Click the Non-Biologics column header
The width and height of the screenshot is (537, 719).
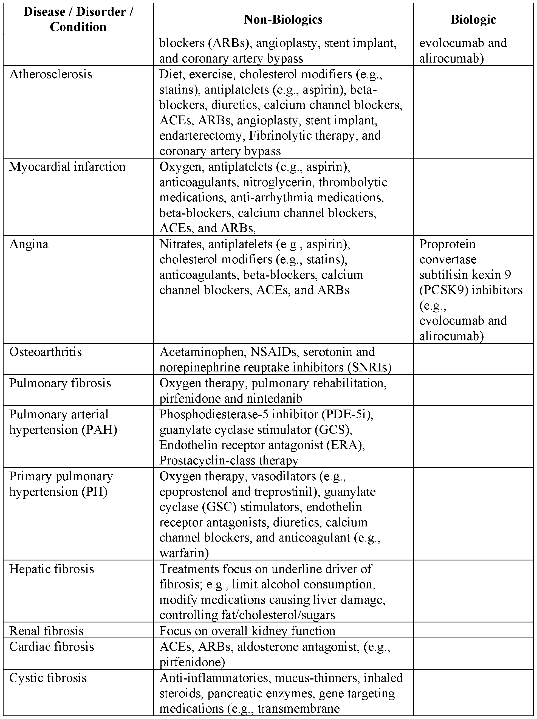tap(283, 19)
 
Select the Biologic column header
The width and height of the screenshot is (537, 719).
tap(473, 19)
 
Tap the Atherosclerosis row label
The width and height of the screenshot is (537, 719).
tap(51, 74)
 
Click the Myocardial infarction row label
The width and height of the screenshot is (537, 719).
tap(67, 167)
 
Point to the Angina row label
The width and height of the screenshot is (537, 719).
tap(29, 244)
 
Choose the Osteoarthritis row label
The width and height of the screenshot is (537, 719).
tap(46, 352)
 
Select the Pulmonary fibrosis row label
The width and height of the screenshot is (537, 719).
tap(60, 383)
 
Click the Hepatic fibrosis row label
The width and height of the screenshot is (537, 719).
tap(52, 569)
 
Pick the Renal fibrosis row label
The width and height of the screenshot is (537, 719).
tap(46, 631)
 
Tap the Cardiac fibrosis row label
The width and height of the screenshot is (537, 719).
tap(52, 647)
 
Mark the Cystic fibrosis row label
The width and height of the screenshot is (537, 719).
tap(48, 678)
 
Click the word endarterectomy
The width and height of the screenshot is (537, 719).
tap(201, 136)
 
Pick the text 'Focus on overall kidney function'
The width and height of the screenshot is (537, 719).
tap(247, 631)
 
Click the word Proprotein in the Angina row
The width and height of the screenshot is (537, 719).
tap(447, 244)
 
